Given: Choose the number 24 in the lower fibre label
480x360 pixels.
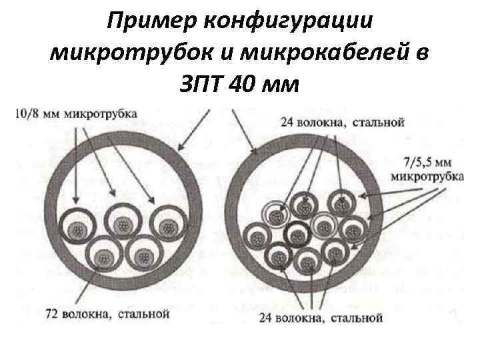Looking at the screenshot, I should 267,318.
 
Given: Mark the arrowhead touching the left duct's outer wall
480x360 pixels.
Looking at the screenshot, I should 180,148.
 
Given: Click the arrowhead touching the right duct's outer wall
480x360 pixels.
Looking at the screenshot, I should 255,153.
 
